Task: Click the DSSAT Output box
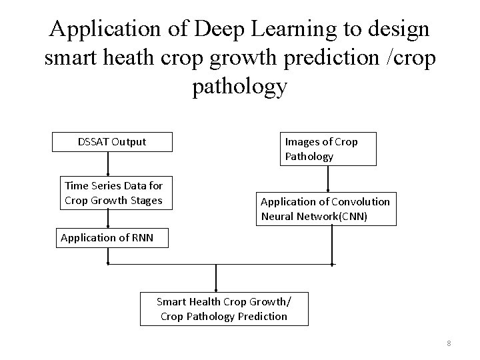pyautogui.click(x=112, y=141)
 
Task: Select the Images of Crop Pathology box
pyautogui.click(x=327, y=149)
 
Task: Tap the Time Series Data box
pyautogui.click(x=113, y=193)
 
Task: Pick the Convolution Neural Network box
pyautogui.click(x=325, y=209)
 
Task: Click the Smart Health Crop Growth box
pyautogui.click(x=224, y=309)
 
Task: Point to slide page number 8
pyautogui.click(x=449, y=343)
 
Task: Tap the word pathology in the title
pyautogui.click(x=240, y=86)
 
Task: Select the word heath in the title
pyautogui.click(x=133, y=58)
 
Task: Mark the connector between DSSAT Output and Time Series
pyautogui.click(x=109, y=163)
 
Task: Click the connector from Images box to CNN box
pyautogui.click(x=329, y=179)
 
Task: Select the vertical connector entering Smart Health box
pyautogui.click(x=216, y=277)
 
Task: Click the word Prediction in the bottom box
pyautogui.click(x=263, y=316)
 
